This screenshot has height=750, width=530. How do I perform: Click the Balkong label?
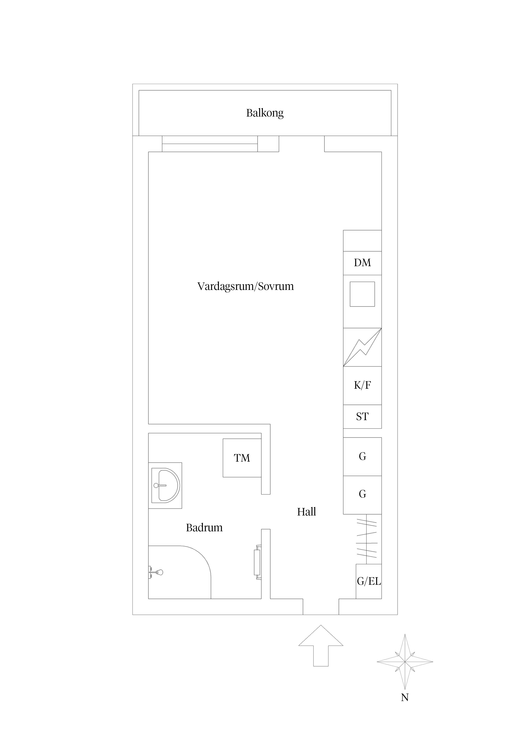tap(265, 113)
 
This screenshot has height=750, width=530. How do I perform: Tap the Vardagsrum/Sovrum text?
tap(246, 286)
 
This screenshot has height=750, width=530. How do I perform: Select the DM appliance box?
tap(362, 263)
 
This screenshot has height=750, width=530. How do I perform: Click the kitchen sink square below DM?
tap(362, 294)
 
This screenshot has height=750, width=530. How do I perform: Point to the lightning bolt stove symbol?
tap(362, 347)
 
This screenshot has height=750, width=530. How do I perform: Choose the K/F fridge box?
tap(362, 385)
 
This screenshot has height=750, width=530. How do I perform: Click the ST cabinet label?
tap(362, 417)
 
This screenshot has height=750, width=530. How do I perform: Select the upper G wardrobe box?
tap(362, 456)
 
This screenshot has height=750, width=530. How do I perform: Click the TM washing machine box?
tap(242, 458)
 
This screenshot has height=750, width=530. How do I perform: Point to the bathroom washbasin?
tap(166, 485)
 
